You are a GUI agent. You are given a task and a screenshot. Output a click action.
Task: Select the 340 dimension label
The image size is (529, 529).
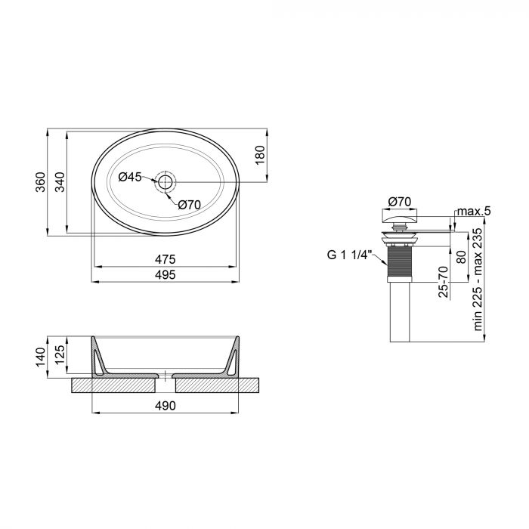60,182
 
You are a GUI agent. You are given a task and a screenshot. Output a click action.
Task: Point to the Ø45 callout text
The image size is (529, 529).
130,177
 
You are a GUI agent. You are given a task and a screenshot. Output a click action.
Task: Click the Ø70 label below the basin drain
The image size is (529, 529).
188,203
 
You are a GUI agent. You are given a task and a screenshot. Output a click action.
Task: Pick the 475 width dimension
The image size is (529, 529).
166,259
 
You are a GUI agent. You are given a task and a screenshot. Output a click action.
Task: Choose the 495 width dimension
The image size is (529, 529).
166,275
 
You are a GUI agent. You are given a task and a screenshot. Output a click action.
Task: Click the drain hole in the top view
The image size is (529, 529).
166,181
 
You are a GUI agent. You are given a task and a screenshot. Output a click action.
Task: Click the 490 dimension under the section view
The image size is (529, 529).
166,407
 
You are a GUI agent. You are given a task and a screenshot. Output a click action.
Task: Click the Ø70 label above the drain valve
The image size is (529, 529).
398,201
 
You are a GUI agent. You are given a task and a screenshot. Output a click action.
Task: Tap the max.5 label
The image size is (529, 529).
475,211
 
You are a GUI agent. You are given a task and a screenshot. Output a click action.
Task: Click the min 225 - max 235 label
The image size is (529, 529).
477,280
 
